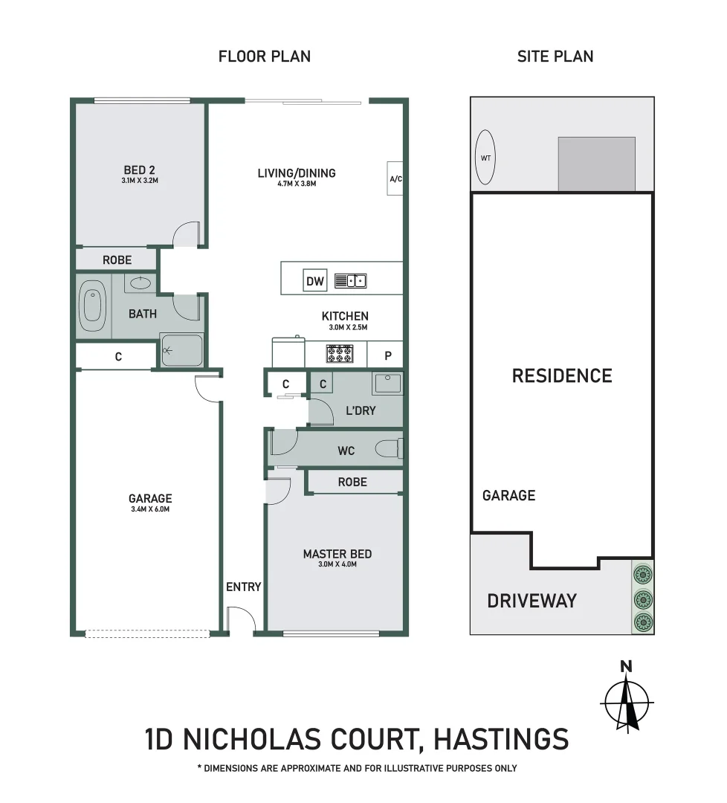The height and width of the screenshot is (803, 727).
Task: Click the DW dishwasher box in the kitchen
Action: [x=315, y=281]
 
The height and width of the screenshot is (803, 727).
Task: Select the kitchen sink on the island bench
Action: [x=350, y=280]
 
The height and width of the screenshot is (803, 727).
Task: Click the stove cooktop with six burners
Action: [x=340, y=354]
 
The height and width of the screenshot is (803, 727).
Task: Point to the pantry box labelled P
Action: [x=387, y=355]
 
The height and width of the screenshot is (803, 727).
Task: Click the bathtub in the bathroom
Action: [x=91, y=306]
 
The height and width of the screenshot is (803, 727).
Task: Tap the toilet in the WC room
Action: [x=390, y=448]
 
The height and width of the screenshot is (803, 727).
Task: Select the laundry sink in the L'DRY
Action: [x=387, y=384]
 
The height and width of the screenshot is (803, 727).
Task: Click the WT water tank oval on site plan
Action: [x=485, y=158]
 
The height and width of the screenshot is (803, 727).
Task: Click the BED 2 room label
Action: [x=140, y=171]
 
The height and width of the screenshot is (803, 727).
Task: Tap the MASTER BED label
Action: [x=337, y=554]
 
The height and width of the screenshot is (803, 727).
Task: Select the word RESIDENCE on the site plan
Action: [x=562, y=375]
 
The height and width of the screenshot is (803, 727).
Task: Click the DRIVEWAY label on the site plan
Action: [x=531, y=601]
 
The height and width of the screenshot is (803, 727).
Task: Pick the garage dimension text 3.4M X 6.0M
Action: [x=150, y=509]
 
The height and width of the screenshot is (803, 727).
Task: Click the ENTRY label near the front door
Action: [x=244, y=587]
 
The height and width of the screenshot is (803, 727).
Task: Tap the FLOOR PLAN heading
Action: [x=265, y=57]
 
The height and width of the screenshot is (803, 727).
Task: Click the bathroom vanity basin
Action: [x=140, y=283]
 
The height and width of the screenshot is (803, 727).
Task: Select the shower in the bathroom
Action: [x=181, y=350]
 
